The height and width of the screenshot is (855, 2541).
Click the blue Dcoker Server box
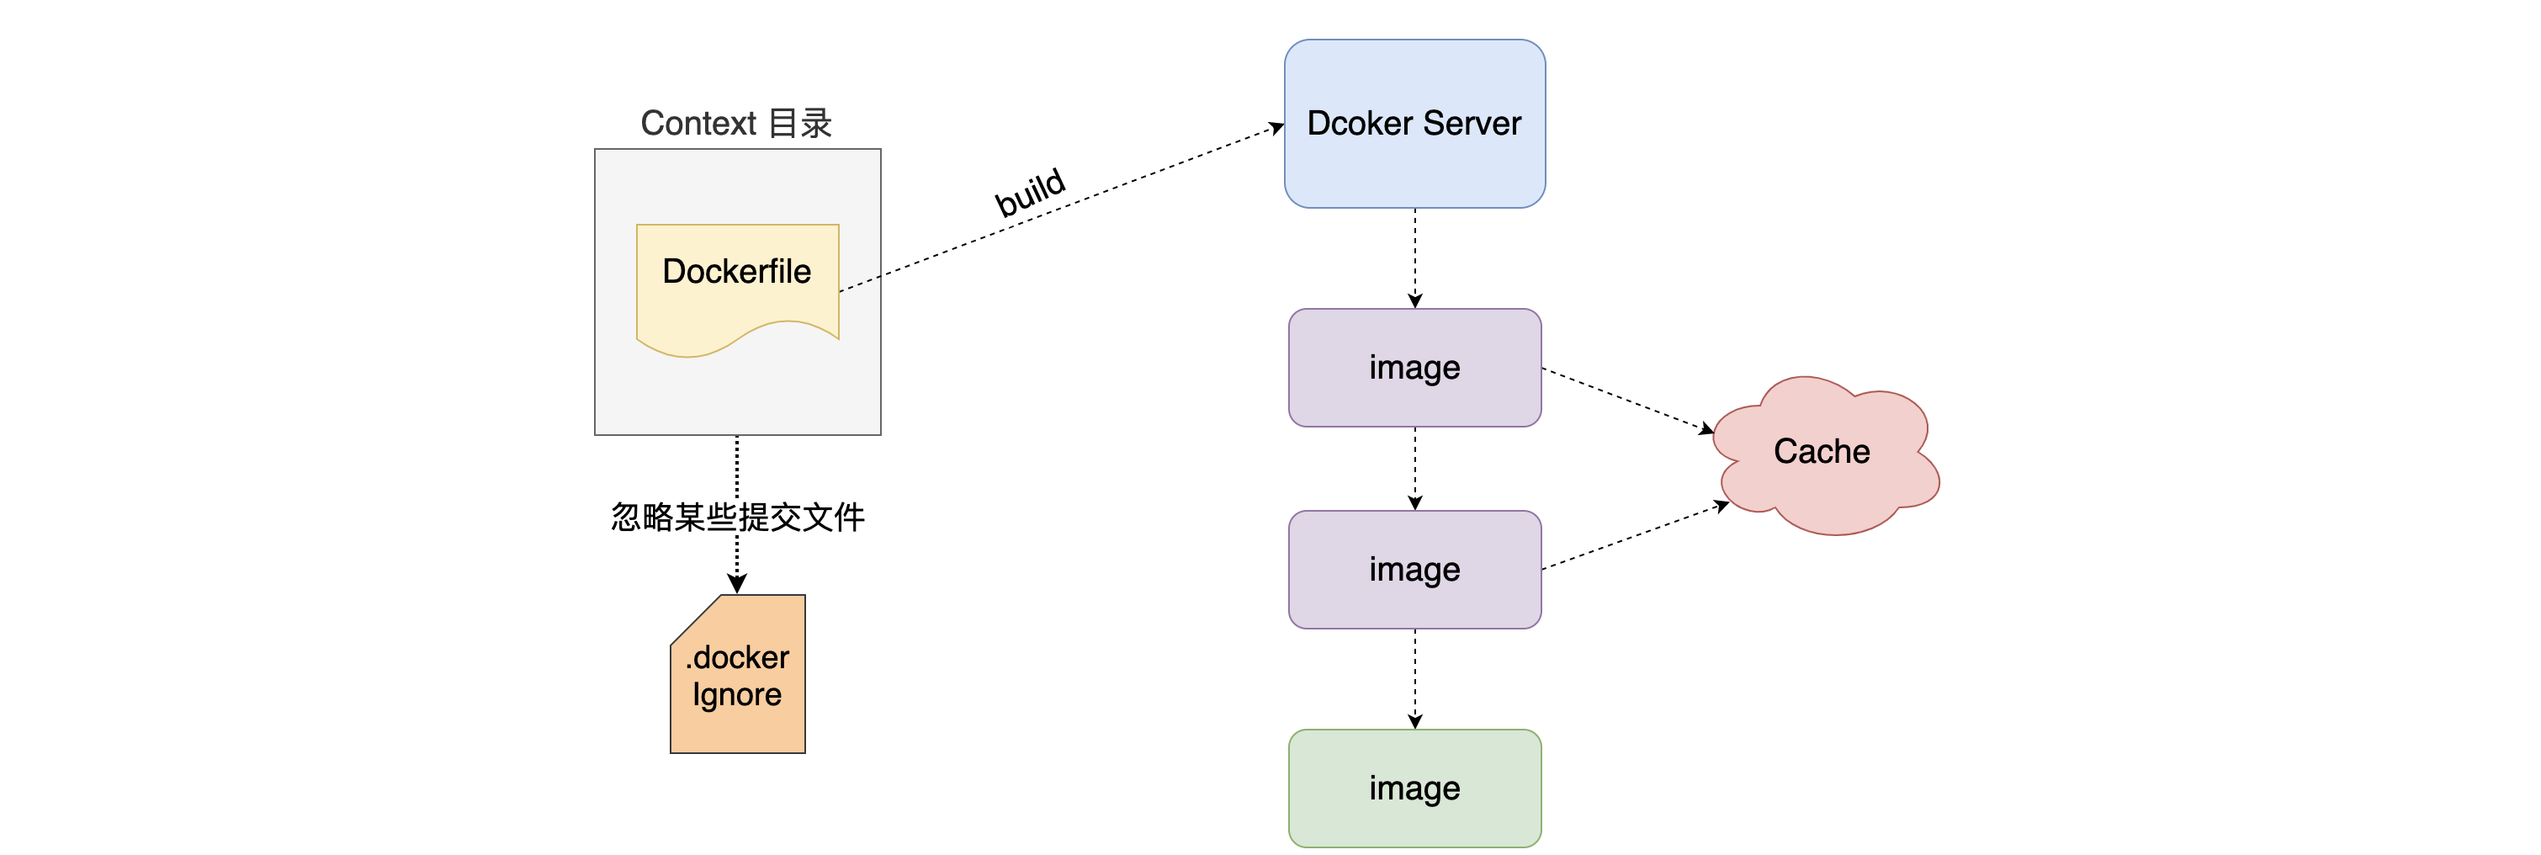(x=1414, y=167)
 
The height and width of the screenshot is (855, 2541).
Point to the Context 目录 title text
(x=736, y=123)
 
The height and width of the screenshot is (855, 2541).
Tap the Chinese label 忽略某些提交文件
(x=737, y=517)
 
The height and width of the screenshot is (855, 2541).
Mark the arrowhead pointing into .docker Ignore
(x=737, y=585)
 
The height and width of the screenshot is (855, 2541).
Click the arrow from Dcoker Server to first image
(x=1414, y=257)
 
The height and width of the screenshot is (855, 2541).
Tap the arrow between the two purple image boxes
(x=1414, y=469)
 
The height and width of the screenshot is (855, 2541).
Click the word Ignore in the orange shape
(x=737, y=695)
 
